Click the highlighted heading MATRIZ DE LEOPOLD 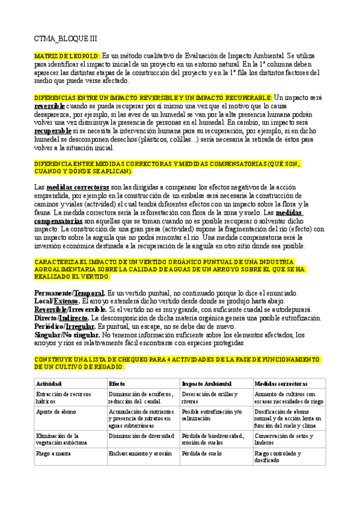[x=67, y=56]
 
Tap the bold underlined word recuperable [x=52, y=131]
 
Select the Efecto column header [x=117, y=384]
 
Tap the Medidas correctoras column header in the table [x=281, y=384]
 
